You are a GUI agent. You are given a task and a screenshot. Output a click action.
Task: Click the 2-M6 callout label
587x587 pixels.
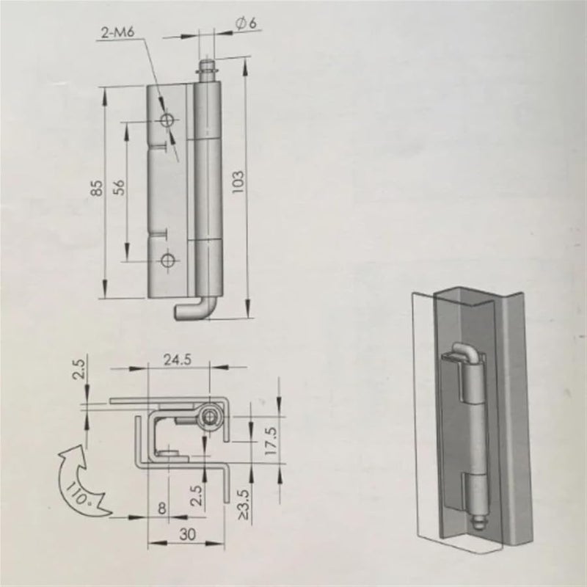(x=119, y=32)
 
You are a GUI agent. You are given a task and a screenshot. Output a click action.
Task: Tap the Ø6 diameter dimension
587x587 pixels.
(x=244, y=23)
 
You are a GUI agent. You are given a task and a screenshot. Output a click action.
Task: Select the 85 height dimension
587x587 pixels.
(x=97, y=189)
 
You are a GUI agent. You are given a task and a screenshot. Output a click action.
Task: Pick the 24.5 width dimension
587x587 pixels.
(x=178, y=360)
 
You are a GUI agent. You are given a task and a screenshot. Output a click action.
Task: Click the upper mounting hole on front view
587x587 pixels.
(x=168, y=119)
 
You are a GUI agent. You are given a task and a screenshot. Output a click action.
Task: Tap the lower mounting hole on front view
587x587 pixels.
(x=168, y=260)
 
